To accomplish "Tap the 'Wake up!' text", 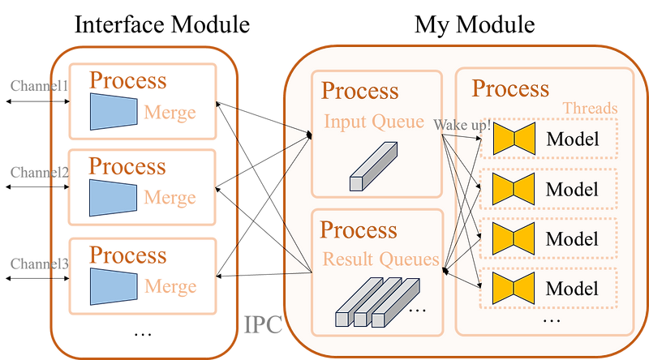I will pos(462,126).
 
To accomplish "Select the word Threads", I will pos(590,109).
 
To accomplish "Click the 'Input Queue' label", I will pos(374,122).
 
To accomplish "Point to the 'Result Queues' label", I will pos(381,260).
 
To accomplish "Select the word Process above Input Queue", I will pos(359,91).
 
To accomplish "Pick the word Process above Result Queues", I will pos(359,229).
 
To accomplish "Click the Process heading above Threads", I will pos(510,88).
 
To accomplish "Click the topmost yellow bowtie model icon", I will pos(513,139).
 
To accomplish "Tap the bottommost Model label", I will pos(572,289).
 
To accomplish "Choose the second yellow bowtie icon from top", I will pos(513,190).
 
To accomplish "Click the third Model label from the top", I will pos(572,239).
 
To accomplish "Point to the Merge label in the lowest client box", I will pos(170,287).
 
